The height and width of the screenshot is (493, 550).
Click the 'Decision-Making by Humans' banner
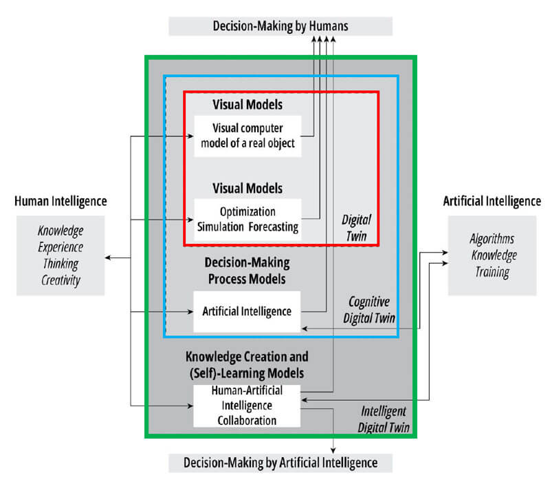pyautogui.click(x=280, y=25)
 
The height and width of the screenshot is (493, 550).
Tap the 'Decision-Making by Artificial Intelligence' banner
pyautogui.click(x=280, y=463)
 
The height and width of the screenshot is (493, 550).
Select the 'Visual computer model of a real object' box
pyautogui.click(x=247, y=136)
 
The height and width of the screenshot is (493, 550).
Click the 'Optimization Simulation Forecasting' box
pyautogui.click(x=247, y=220)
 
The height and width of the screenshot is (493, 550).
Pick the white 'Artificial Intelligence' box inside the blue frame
pyautogui.click(x=247, y=311)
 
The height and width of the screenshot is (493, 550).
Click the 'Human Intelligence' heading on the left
pyautogui.click(x=60, y=201)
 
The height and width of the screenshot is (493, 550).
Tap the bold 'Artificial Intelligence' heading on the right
pyautogui.click(x=492, y=201)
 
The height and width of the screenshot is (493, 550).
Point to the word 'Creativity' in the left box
pyautogui.click(x=60, y=281)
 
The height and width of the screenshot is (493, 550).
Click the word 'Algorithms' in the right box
pyautogui.click(x=492, y=240)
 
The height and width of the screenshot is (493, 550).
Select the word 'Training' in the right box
pyautogui.click(x=492, y=273)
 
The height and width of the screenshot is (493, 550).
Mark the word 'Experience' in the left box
pyautogui.click(x=60, y=247)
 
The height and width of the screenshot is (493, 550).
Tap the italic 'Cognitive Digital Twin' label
pyautogui.click(x=372, y=309)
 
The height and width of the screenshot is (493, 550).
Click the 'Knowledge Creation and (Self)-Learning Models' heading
pyautogui.click(x=247, y=365)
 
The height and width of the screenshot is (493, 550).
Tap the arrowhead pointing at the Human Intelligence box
pyautogui.click(x=108, y=258)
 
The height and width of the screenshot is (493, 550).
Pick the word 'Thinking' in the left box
pyautogui.click(x=60, y=264)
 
